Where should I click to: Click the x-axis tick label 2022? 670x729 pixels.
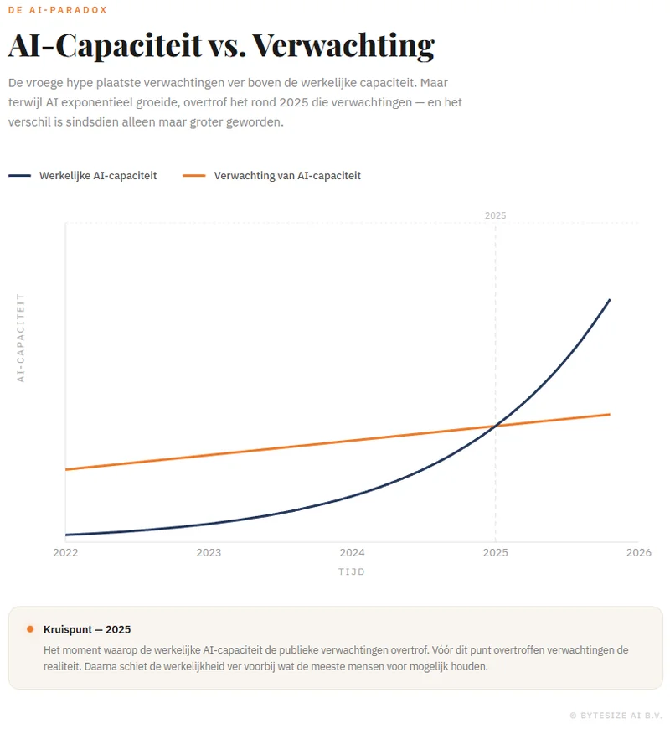click(x=65, y=552)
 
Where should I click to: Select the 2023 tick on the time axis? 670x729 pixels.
click(x=209, y=552)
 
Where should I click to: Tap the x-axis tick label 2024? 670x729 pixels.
click(x=352, y=552)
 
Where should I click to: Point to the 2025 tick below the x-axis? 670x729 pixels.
click(x=496, y=552)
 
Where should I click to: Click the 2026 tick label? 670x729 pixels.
click(x=638, y=552)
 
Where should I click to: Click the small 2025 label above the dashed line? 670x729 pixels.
click(x=496, y=215)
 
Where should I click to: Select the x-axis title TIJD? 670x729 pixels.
click(x=352, y=572)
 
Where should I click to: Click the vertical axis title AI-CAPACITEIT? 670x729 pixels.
click(x=22, y=338)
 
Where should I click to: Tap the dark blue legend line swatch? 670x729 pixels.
click(x=20, y=176)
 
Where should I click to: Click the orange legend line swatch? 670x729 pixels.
click(x=194, y=176)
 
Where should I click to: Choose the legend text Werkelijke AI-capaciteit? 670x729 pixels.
click(x=98, y=176)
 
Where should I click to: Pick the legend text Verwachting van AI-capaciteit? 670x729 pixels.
click(x=287, y=176)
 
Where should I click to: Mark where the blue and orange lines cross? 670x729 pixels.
click(x=496, y=427)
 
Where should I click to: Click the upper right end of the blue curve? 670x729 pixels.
click(x=609, y=299)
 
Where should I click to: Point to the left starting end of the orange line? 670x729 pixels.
click(x=66, y=469)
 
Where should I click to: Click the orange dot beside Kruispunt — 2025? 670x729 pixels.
click(x=30, y=629)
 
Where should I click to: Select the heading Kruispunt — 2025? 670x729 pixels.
click(x=87, y=629)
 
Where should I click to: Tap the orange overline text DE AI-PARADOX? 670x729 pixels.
click(x=58, y=10)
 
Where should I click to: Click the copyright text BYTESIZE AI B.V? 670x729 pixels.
click(x=620, y=716)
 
